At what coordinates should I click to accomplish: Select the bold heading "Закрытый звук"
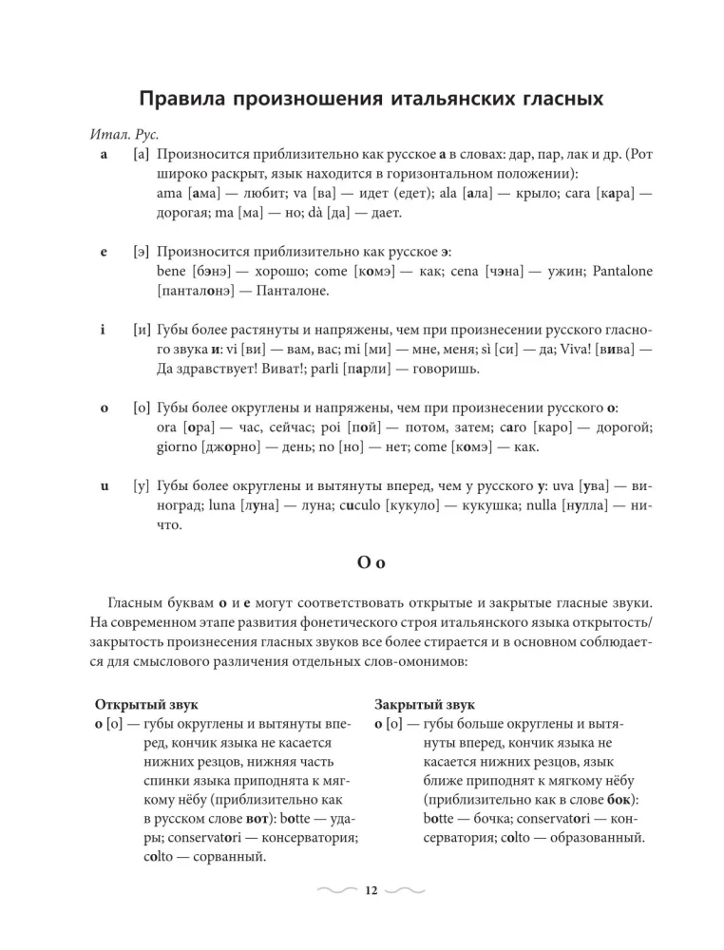click(424, 704)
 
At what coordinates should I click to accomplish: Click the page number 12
click(370, 890)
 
